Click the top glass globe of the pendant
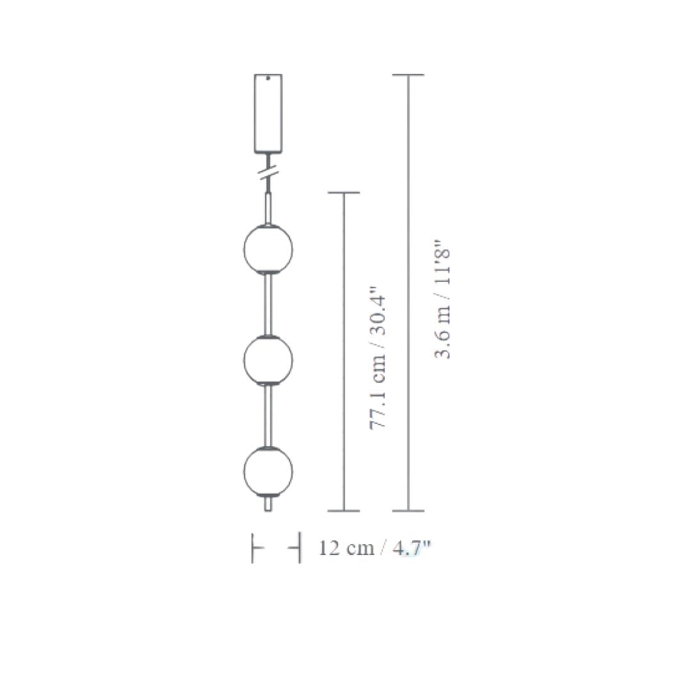268,249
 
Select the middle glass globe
268,360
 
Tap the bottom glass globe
268,470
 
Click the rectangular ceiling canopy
268,113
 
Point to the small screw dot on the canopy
268,79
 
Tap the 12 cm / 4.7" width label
375,548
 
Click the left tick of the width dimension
254,548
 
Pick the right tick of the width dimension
299,548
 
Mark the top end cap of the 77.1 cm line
344,193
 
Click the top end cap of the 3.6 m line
408,75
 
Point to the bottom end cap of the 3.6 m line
408,511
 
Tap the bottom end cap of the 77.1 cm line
344,511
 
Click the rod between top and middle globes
268,305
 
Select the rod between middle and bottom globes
268,415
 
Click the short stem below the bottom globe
268,504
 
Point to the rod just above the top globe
268,207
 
